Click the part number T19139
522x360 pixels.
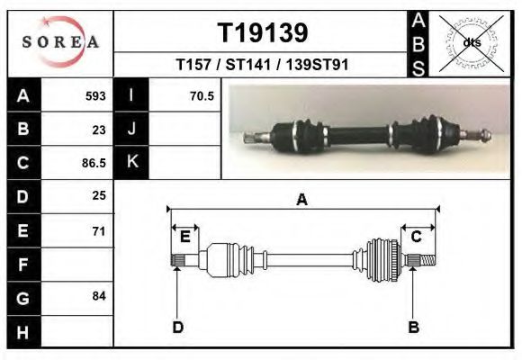pyautogui.click(x=263, y=32)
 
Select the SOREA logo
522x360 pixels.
pyautogui.click(x=60, y=42)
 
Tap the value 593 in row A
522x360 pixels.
pyautogui.click(x=95, y=96)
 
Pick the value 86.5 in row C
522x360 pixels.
pyautogui.click(x=94, y=163)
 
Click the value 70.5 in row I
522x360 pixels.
pyautogui.click(x=202, y=96)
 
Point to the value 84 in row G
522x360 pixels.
pyautogui.click(x=99, y=296)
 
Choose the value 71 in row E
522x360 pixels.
pyautogui.click(x=99, y=231)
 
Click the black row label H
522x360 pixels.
pyautogui.click(x=24, y=332)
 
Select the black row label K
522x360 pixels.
pyautogui.click(x=131, y=162)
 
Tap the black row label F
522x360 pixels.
pyautogui.click(x=24, y=265)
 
